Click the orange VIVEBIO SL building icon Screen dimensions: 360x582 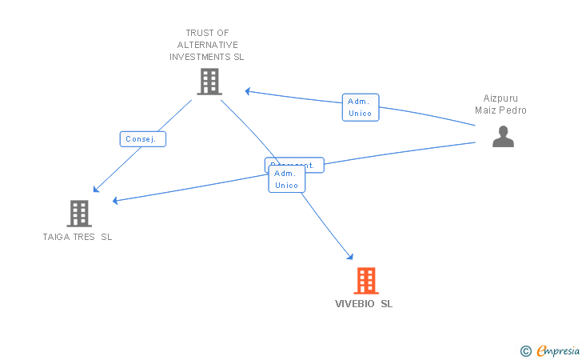365,281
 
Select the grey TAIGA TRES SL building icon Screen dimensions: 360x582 78,214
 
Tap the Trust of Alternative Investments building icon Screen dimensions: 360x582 209,82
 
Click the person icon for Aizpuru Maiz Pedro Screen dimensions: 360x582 503,137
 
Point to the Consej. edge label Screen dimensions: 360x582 143,139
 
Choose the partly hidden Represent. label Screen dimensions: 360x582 294,162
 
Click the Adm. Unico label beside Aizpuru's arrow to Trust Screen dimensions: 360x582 361,107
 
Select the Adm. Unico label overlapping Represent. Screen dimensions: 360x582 286,179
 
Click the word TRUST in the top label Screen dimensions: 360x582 191,33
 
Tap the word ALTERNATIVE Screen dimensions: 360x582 207,45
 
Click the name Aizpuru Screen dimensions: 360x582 500,98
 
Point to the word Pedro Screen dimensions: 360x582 514,110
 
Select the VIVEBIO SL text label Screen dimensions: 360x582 364,304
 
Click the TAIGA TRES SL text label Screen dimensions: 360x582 78,237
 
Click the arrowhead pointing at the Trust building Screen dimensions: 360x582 249,91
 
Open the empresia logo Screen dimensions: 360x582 558,350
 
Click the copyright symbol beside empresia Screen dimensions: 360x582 525,350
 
